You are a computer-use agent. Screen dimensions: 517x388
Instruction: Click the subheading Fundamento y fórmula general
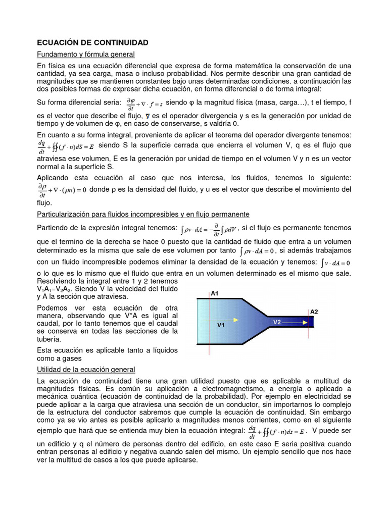[86, 54]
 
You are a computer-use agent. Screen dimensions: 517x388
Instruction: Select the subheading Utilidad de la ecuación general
[86, 370]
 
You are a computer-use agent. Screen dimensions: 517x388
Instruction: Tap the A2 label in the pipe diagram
[314, 311]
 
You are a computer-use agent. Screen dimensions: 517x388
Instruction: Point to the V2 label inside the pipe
[277, 322]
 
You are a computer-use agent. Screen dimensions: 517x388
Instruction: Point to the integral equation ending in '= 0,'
[257, 251]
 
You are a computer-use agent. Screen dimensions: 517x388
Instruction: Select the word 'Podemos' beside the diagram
[53, 308]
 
